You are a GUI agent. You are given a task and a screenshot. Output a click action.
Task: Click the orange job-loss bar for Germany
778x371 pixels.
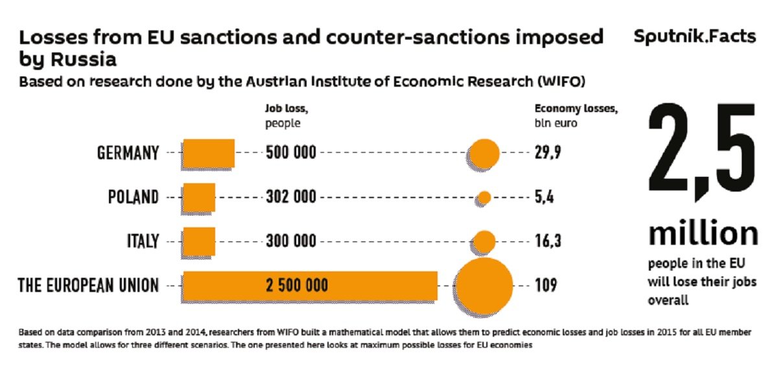208,153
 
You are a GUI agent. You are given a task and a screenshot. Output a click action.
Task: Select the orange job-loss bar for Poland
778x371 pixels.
199,197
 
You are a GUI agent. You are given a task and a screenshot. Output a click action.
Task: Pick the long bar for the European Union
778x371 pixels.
310,285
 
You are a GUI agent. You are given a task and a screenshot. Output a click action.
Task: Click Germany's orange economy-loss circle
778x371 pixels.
484,153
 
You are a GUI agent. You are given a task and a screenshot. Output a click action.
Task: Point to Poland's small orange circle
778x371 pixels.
484,197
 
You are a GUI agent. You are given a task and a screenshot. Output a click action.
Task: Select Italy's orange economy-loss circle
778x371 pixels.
484,241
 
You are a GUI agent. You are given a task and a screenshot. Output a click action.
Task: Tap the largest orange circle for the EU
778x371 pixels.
484,284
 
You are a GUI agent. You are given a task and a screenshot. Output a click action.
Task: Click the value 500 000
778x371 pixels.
291,153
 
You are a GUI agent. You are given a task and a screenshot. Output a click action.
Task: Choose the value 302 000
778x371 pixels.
291,197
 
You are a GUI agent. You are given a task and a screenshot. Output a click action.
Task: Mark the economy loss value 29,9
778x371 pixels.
548,153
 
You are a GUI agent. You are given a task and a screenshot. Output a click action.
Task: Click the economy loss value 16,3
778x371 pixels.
548,242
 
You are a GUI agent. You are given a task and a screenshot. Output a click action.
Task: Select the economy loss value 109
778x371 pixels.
545,285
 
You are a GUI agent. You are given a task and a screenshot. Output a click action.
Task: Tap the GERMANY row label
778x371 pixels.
128,153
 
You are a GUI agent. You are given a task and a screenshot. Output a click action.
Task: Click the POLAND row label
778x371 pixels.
133,197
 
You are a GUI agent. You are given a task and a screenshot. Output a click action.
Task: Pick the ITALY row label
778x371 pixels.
143,242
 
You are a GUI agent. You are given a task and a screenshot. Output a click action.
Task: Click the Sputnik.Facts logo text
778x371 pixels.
694,36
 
